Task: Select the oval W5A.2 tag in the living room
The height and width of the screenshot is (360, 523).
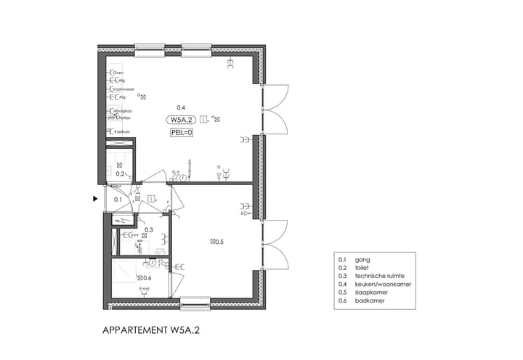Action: [181, 120]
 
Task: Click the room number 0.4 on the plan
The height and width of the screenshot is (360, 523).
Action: [181, 107]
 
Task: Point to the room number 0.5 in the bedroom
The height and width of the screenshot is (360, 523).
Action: [219, 241]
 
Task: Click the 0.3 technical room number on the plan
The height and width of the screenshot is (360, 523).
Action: [148, 230]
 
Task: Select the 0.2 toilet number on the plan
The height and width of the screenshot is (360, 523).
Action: [121, 174]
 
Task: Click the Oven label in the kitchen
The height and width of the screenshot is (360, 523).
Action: [119, 73]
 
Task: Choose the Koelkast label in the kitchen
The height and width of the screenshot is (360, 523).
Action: [122, 131]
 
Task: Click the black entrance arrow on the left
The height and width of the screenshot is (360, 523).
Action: [94, 197]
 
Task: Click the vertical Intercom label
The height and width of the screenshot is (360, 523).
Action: [190, 166]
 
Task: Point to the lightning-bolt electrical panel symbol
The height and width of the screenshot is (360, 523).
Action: [123, 219]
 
